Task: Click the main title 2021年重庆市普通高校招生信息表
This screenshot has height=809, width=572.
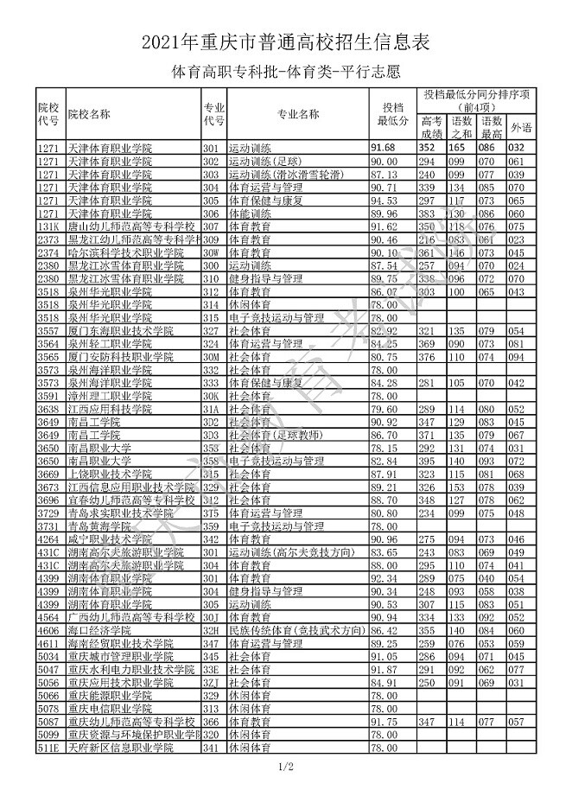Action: pos(285,41)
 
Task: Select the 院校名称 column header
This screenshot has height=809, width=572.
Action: pos(89,113)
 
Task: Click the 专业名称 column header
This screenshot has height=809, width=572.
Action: pos(298,113)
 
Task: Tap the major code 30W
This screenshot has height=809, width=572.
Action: pos(211,252)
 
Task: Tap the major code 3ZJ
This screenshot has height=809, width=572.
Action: pos(211,682)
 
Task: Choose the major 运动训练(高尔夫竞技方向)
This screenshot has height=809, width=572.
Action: pos(290,551)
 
